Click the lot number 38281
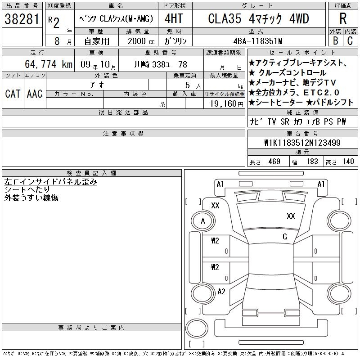pyautogui.click(x=22, y=19)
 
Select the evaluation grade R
pyautogui.click(x=343, y=18)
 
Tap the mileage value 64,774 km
pyautogui.click(x=49, y=64)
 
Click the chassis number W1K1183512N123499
pyautogui.click(x=302, y=143)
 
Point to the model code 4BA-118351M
pyautogui.click(x=258, y=41)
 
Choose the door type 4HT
pyautogui.click(x=174, y=18)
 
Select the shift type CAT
pyautogui.click(x=13, y=94)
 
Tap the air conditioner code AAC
pyautogui.click(x=35, y=94)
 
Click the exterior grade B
pyautogui.click(x=335, y=41)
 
